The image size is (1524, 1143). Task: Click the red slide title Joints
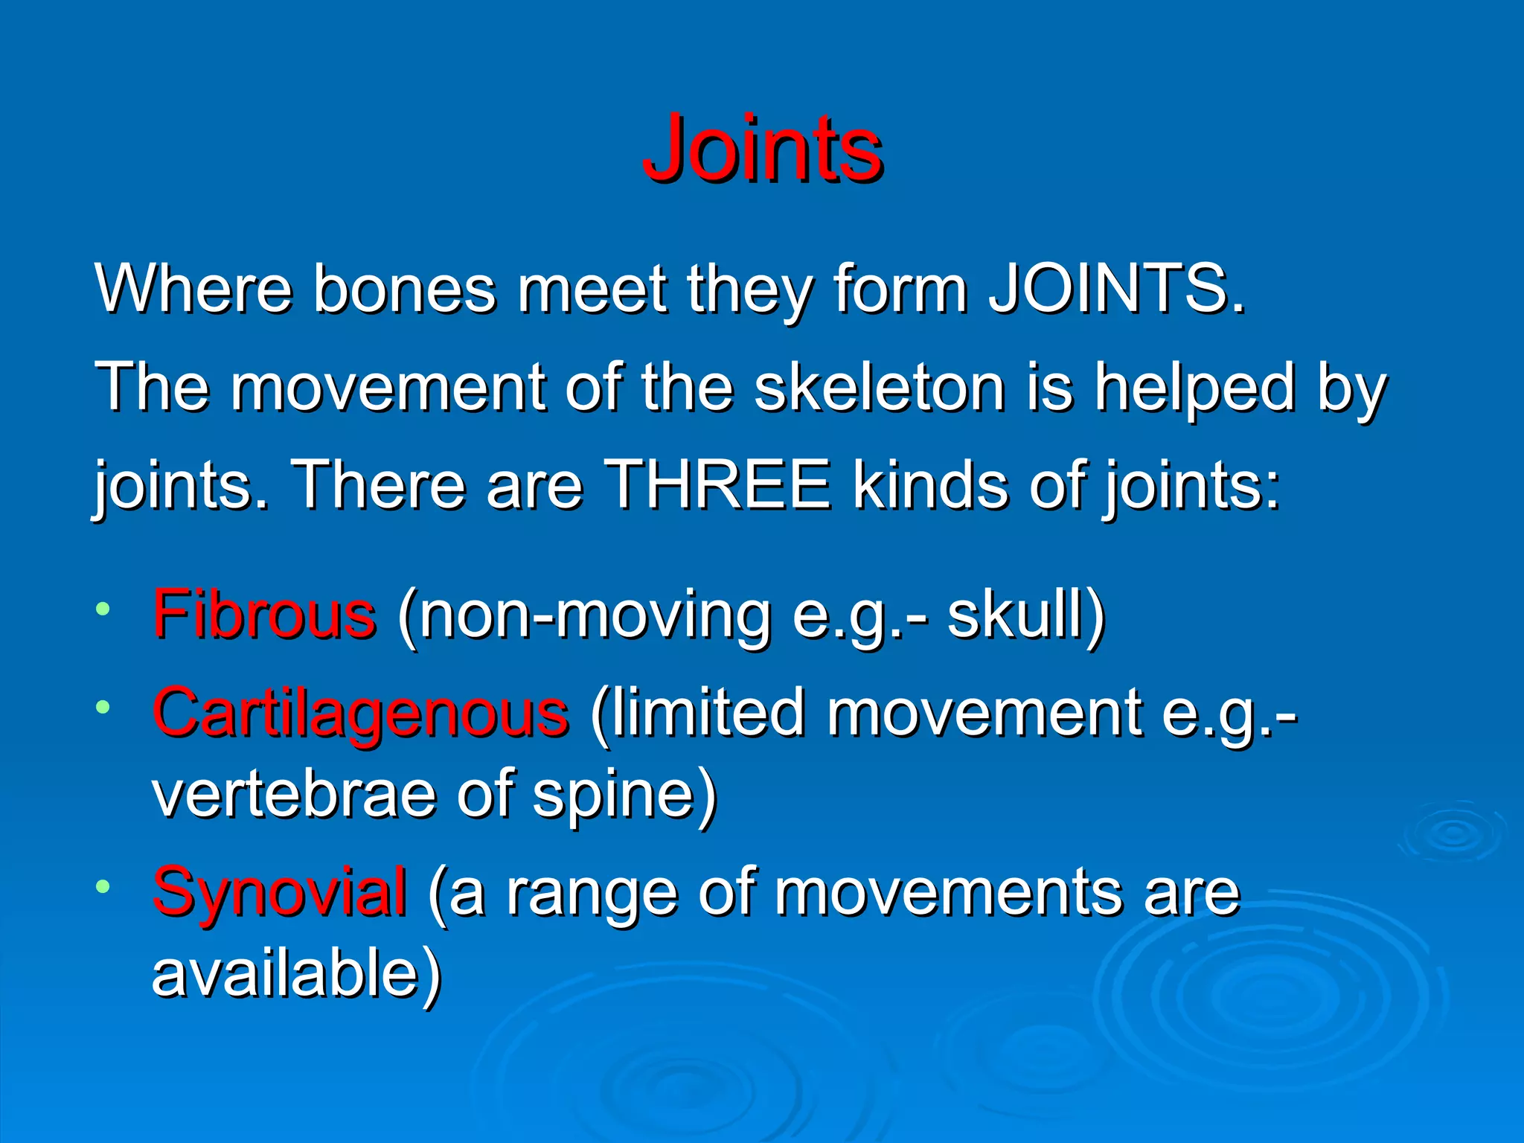click(763, 148)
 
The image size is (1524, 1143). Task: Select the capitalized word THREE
click(717, 485)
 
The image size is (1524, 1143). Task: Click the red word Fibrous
click(264, 615)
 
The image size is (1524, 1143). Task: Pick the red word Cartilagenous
click(361, 713)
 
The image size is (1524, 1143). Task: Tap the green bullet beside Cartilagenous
click(103, 707)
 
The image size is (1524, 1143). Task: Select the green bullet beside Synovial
click(103, 886)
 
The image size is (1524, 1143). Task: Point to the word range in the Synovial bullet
click(592, 893)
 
